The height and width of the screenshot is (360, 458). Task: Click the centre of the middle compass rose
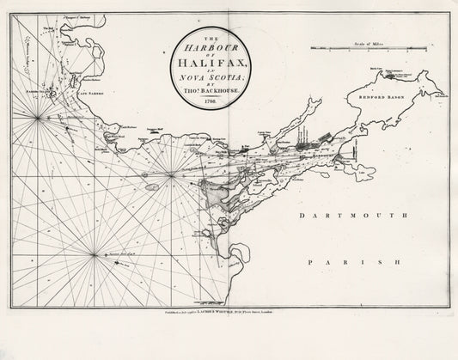171,177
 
